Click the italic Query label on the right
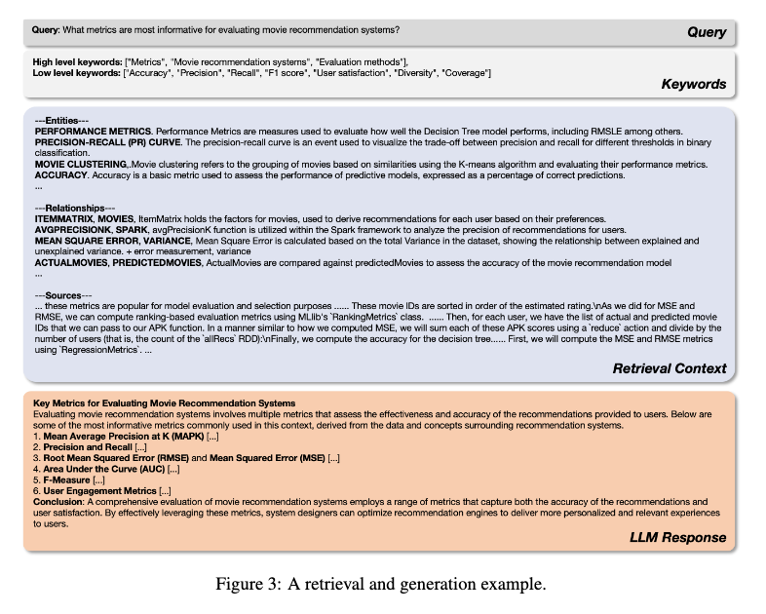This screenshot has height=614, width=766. (x=707, y=32)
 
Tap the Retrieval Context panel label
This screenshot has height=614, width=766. (x=670, y=368)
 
